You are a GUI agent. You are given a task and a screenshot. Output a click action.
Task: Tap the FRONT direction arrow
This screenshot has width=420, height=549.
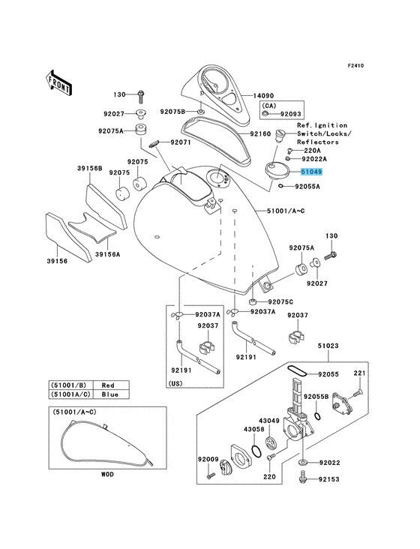pyautogui.click(x=58, y=82)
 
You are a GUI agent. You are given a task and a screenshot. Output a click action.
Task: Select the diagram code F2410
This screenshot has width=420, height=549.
pyautogui.click(x=355, y=65)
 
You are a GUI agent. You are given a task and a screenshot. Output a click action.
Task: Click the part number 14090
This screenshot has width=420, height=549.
pyautogui.click(x=263, y=95)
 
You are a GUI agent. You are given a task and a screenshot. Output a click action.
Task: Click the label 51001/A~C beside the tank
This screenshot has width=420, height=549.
pyautogui.click(x=286, y=211)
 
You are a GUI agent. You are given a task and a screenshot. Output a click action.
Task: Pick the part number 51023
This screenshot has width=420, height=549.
pyautogui.click(x=328, y=346)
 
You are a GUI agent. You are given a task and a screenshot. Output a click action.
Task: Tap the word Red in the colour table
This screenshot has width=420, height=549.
pyautogui.click(x=108, y=385)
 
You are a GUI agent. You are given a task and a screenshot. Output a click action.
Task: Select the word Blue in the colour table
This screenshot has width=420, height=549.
pyautogui.click(x=110, y=394)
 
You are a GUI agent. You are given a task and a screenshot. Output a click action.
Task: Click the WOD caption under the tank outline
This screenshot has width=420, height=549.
pyautogui.click(x=107, y=475)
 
